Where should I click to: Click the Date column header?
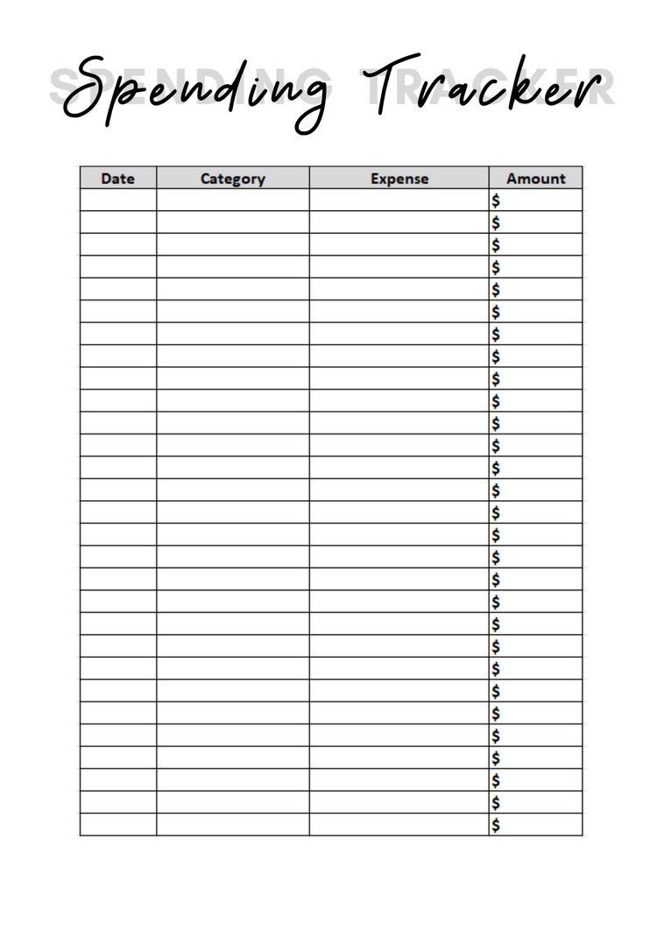(x=117, y=179)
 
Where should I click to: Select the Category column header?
(x=232, y=179)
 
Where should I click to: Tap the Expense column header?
(x=399, y=179)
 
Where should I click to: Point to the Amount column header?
(x=535, y=179)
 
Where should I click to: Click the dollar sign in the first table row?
(x=496, y=201)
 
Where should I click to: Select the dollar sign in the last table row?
(x=496, y=825)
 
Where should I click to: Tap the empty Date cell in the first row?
(x=117, y=201)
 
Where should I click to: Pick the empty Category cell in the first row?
(x=232, y=201)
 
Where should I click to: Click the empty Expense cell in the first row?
(x=399, y=201)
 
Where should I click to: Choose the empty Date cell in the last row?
(x=117, y=825)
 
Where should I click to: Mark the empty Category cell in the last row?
(x=232, y=825)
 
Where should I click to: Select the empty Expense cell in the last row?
(x=399, y=825)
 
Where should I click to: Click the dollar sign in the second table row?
(x=496, y=222)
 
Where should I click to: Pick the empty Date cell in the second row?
(x=117, y=222)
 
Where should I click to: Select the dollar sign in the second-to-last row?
(x=496, y=802)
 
